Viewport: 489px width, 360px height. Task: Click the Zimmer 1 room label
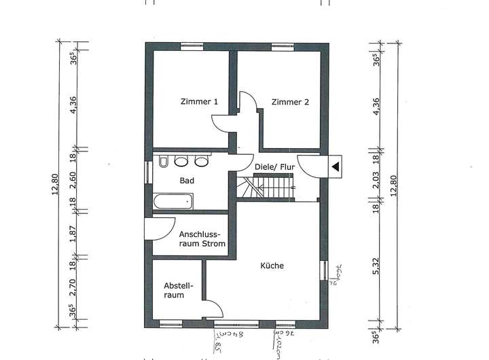pos(199,103)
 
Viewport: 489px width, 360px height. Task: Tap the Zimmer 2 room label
pos(290,103)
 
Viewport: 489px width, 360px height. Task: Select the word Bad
pos(187,181)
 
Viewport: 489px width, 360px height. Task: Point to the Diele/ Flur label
pos(275,165)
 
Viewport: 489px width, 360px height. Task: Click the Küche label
pos(272,266)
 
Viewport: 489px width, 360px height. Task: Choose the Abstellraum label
pos(179,291)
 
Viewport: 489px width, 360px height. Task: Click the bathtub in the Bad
pos(173,202)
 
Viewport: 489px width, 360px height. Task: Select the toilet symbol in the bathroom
pos(164,162)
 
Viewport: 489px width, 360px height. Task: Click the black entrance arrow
pos(335,165)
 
